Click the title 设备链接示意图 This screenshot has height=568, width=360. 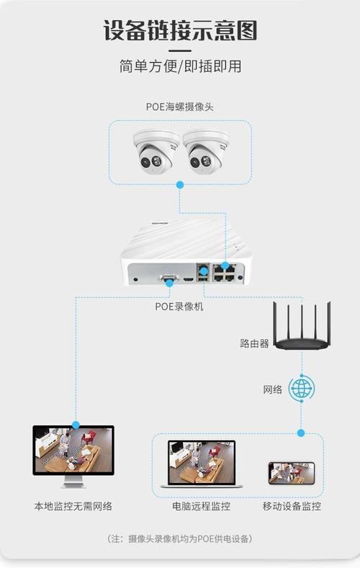point(180,30)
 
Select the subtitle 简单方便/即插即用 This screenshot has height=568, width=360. point(180,66)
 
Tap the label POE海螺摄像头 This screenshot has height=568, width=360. point(180,107)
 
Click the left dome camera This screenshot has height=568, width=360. point(155,151)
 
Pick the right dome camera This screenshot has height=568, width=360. point(205,151)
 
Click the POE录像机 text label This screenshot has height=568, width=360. point(179,306)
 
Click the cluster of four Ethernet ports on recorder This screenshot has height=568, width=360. point(224,271)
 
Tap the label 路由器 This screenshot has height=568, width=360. point(254,343)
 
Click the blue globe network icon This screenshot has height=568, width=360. point(301,389)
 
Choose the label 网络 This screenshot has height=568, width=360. point(273,389)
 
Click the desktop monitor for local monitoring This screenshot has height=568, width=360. point(73,454)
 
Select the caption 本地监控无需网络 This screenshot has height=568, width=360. point(73,506)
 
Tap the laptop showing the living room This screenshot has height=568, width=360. point(201,464)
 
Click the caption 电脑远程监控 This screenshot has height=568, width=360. point(201,506)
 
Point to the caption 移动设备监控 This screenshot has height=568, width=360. point(292,506)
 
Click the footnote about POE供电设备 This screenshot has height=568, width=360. point(180,538)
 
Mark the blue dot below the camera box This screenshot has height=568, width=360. point(180,185)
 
